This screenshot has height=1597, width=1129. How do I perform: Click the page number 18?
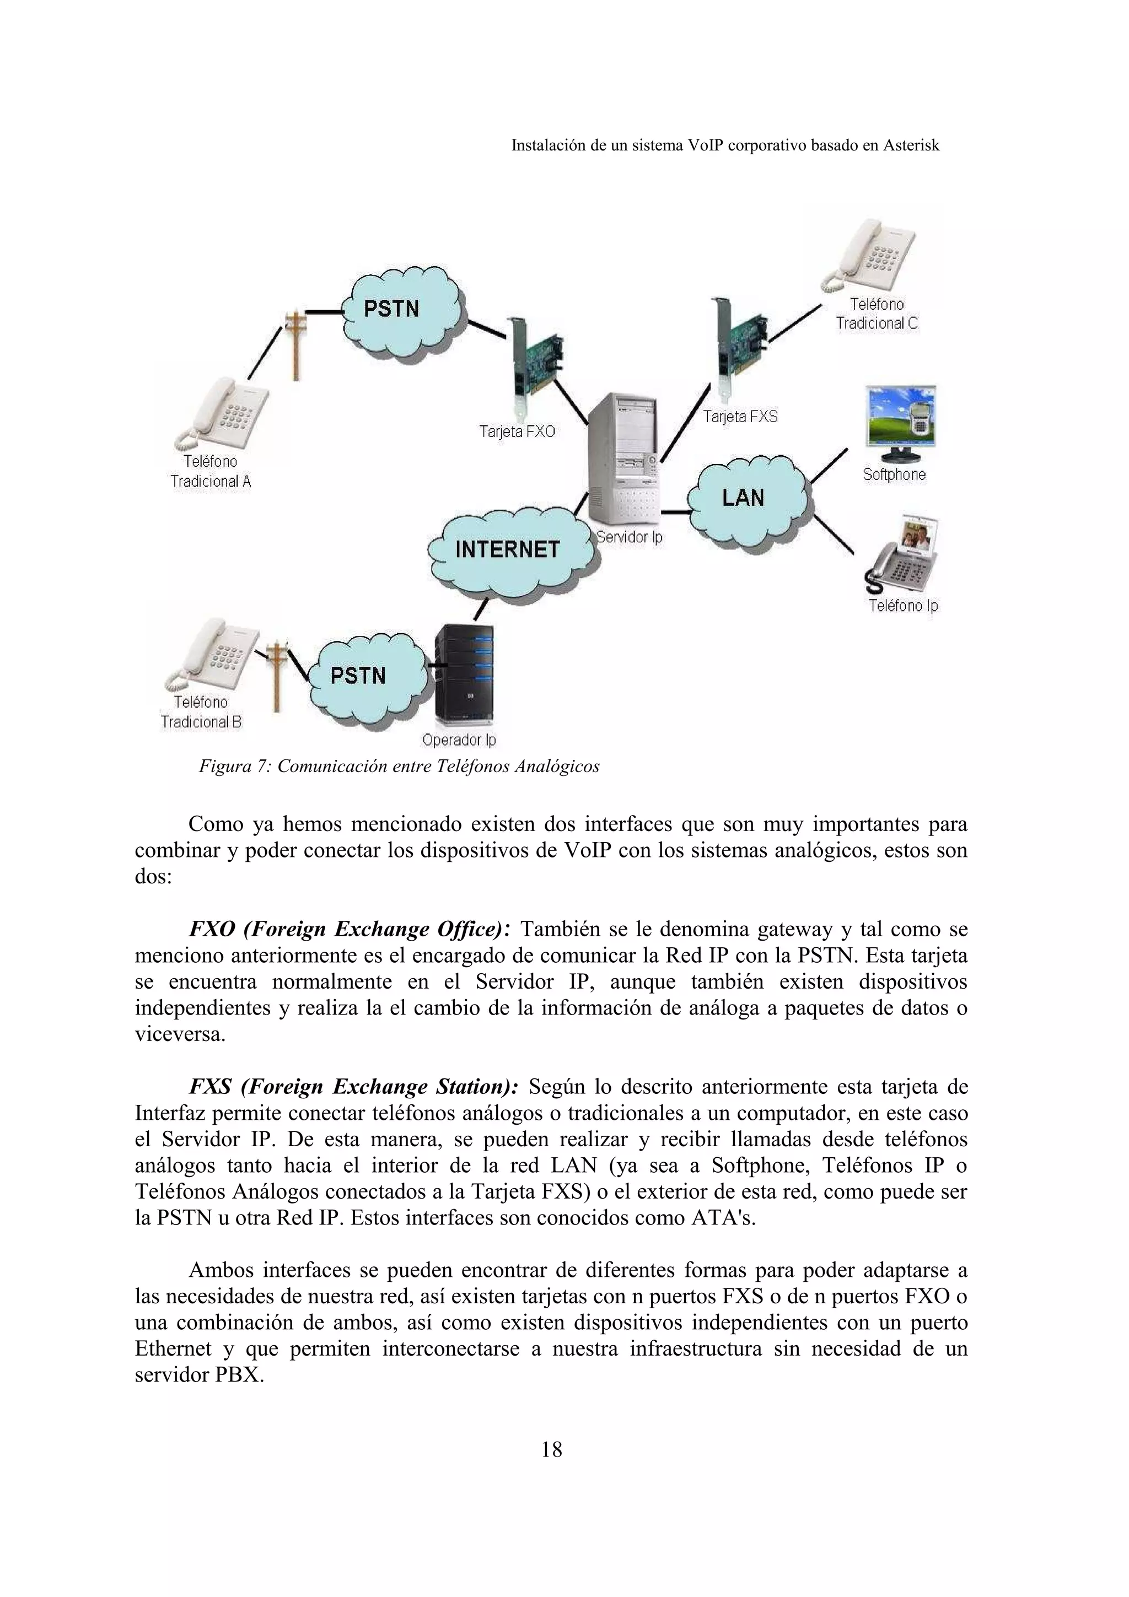click(552, 1450)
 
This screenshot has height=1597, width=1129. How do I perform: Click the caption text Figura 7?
click(234, 767)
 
